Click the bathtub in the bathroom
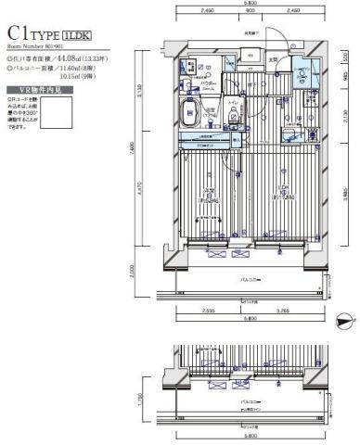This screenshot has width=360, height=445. pos(184,122)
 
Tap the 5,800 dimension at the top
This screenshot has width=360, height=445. pos(245,4)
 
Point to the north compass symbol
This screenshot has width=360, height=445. pos(342,322)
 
